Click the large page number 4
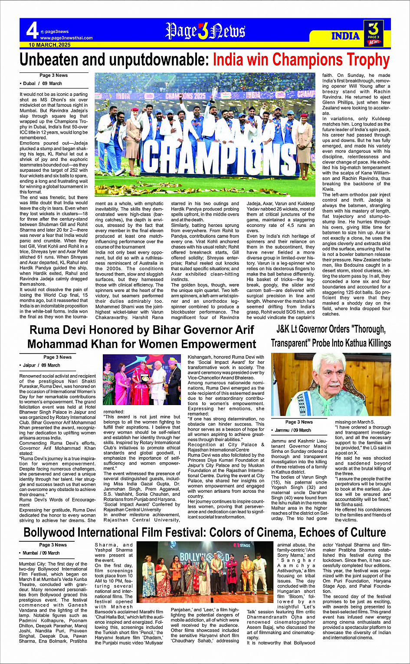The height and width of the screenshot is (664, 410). (x=32, y=31)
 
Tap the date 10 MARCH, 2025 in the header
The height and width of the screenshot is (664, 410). (x=50, y=45)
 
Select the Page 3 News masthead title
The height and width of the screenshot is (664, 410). (x=205, y=31)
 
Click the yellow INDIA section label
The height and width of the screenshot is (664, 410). (x=345, y=36)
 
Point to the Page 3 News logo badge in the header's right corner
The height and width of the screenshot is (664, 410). (x=374, y=33)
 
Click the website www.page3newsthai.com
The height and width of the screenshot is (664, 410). (x=66, y=38)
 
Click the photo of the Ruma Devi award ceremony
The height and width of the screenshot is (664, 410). (x=141, y=379)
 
